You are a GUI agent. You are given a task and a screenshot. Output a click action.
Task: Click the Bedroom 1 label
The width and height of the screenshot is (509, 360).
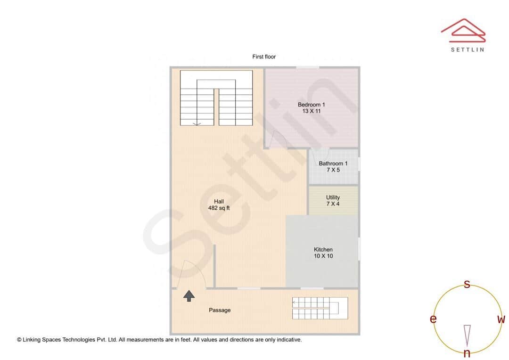tap(311, 105)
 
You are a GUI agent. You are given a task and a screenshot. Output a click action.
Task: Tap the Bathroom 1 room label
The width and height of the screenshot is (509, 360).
tap(333, 164)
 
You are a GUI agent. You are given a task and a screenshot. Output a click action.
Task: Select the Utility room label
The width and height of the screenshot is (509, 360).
tap(333, 197)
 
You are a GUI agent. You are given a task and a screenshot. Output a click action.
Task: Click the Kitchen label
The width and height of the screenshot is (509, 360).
tap(323, 249)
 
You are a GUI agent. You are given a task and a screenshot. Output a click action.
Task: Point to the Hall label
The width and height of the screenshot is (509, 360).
tap(219, 201)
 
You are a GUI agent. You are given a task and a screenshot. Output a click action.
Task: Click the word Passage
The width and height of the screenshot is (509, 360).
tap(220, 310)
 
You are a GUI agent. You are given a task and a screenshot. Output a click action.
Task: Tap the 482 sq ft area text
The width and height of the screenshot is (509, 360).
tap(219, 208)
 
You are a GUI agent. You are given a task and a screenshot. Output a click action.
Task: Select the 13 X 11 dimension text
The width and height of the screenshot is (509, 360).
tap(311, 111)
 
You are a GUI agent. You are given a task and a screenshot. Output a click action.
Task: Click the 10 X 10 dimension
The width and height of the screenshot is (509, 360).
tap(323, 256)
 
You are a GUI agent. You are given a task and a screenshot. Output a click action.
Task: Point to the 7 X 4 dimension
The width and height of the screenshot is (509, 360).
tap(333, 204)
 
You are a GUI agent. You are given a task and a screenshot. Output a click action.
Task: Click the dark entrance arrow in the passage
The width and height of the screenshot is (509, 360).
tap(189, 296)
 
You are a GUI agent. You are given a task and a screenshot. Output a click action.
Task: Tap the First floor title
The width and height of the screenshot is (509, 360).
tap(264, 57)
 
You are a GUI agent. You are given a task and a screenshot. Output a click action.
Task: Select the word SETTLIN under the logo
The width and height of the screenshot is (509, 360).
tap(467, 49)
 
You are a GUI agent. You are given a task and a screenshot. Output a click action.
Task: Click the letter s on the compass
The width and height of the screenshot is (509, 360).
tap(467, 284)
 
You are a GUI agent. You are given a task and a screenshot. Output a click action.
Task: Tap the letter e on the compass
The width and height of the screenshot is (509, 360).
tap(433, 319)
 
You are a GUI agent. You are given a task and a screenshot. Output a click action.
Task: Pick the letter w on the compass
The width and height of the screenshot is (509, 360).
tap(501, 319)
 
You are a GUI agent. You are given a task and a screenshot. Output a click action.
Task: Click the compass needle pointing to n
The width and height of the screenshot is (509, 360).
tap(467, 335)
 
